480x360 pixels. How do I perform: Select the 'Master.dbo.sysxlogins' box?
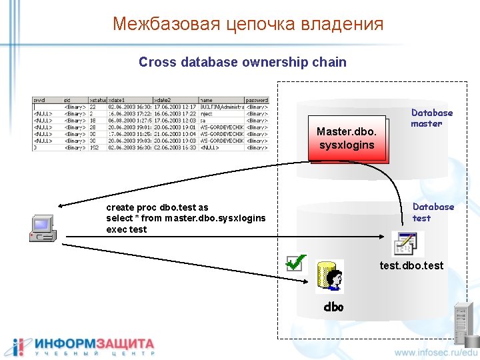(347, 138)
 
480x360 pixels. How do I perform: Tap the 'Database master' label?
(431, 118)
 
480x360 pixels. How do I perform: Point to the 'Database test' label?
(433, 212)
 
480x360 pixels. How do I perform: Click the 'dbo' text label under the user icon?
(333, 307)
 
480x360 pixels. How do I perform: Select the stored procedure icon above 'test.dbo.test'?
(407, 244)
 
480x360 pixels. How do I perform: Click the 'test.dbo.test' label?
(411, 266)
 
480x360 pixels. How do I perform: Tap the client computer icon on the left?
(43, 228)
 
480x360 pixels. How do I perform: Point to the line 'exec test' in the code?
(126, 229)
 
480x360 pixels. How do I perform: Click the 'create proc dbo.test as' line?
(157, 207)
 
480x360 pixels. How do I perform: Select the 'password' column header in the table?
(257, 100)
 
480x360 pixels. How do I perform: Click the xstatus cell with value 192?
(93, 147)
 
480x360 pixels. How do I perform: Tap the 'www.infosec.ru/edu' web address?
(436, 351)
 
